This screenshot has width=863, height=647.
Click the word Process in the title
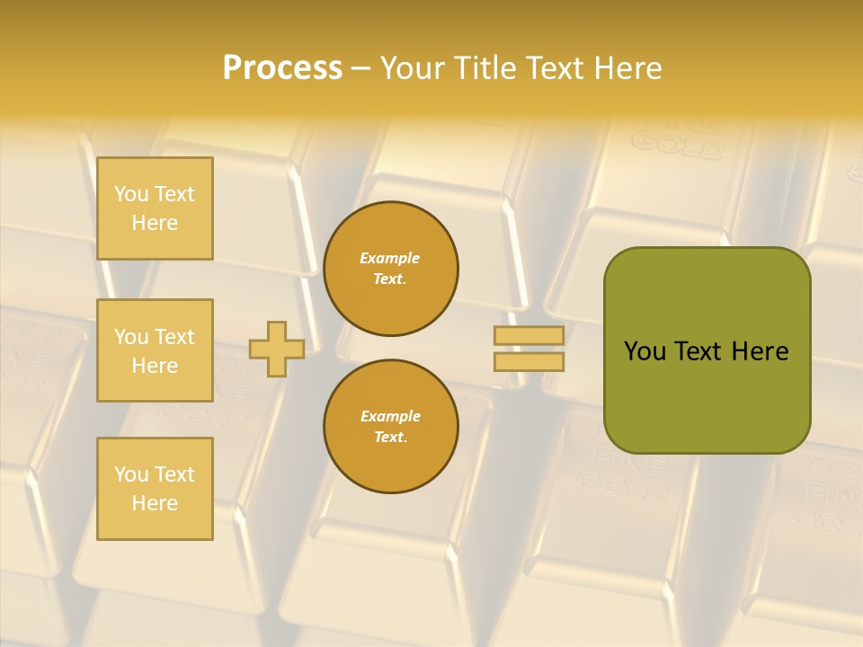[282, 68]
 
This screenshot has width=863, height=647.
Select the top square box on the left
[155, 208]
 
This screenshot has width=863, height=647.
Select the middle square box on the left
[155, 350]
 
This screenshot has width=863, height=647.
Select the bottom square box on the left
[155, 489]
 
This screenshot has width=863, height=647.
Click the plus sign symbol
[277, 349]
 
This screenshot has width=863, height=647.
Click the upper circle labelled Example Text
[391, 269]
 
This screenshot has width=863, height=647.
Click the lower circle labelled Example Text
[391, 427]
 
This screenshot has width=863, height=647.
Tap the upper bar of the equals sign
[529, 336]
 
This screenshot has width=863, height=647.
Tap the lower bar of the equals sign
[529, 361]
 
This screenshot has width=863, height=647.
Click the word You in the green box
[645, 351]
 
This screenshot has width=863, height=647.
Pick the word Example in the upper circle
[390, 258]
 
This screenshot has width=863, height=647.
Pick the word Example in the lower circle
[390, 416]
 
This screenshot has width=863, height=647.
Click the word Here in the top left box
[155, 223]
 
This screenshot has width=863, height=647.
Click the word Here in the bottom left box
[155, 503]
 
